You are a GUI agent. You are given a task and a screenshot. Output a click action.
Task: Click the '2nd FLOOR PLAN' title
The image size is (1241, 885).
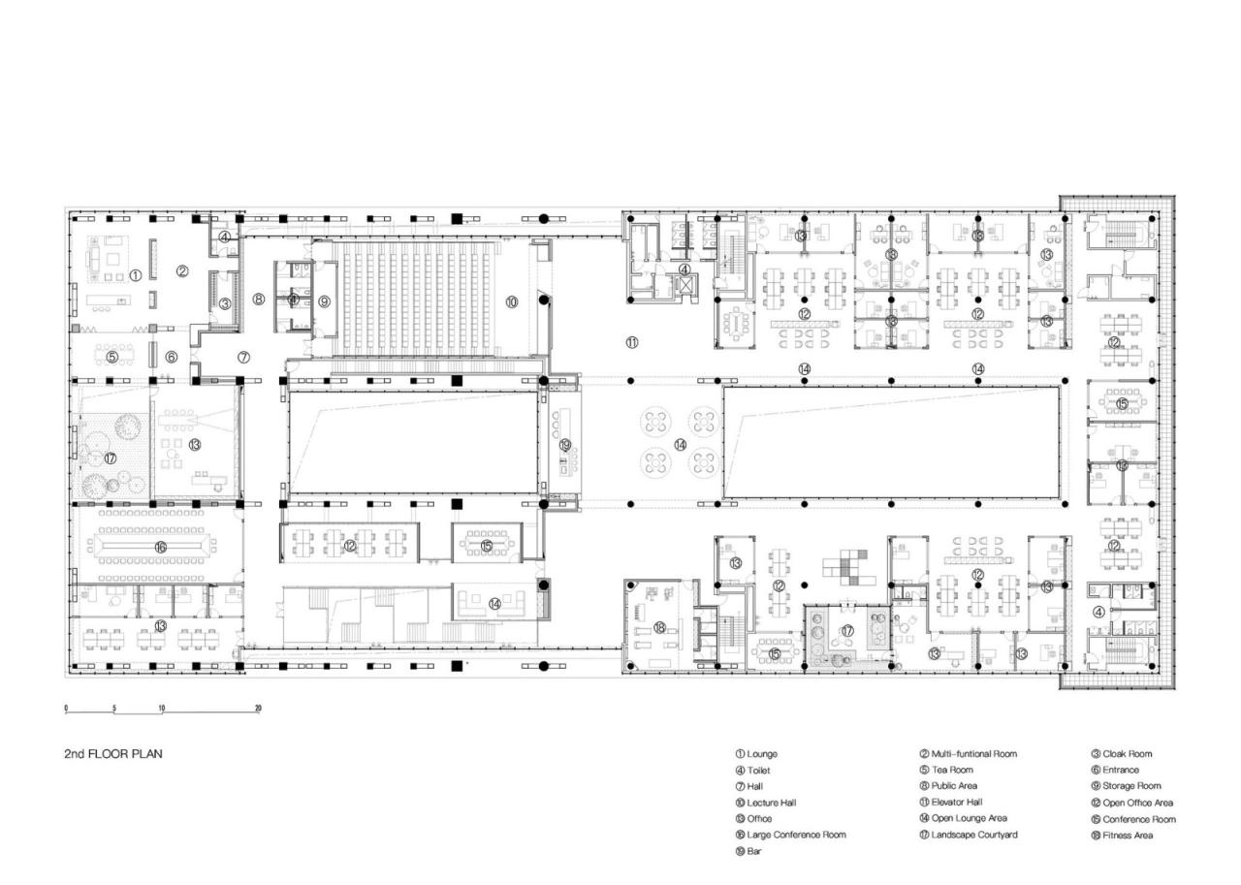pyautogui.click(x=112, y=753)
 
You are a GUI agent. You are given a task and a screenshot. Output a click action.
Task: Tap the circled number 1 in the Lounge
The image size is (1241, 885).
pyautogui.click(x=136, y=275)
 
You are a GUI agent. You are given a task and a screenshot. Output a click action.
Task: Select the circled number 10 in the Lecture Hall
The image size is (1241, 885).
pyautogui.click(x=512, y=302)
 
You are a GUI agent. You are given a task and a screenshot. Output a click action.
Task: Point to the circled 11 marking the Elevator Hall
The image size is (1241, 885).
pyautogui.click(x=632, y=342)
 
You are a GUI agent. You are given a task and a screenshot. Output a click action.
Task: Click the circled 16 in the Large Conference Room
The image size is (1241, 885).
pyautogui.click(x=161, y=548)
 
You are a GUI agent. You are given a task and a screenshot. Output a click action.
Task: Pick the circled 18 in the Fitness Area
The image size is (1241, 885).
pyautogui.click(x=660, y=628)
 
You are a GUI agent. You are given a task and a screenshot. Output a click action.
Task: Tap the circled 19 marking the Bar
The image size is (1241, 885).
pyautogui.click(x=565, y=445)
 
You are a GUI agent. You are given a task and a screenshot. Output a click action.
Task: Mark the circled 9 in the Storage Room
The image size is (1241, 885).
pyautogui.click(x=325, y=301)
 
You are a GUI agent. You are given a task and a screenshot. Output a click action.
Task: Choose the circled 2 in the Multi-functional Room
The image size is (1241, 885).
pyautogui.click(x=181, y=271)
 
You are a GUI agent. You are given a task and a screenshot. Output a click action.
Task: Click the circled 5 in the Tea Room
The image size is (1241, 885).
pyautogui.click(x=111, y=357)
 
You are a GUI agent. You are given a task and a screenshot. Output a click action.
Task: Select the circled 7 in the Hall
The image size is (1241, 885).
pyautogui.click(x=244, y=357)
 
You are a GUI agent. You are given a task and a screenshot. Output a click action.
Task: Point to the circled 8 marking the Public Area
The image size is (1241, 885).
pyautogui.click(x=259, y=300)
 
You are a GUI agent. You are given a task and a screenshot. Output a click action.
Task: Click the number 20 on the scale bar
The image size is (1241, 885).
pyautogui.click(x=258, y=709)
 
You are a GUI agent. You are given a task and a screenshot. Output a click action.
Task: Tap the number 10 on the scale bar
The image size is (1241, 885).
pyautogui.click(x=162, y=709)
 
